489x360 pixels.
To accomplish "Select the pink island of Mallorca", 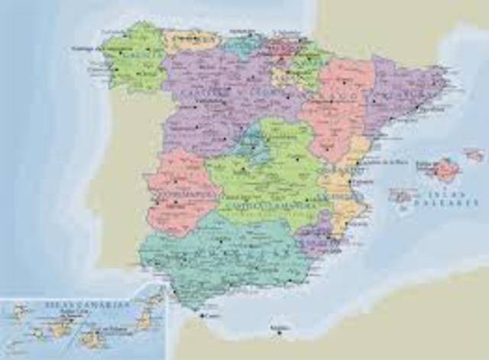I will click(445, 170).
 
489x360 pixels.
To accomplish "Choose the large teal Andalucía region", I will click(222, 256).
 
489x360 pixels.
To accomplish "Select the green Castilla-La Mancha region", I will click(267, 180).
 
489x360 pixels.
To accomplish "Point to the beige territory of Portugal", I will click(122, 176).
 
